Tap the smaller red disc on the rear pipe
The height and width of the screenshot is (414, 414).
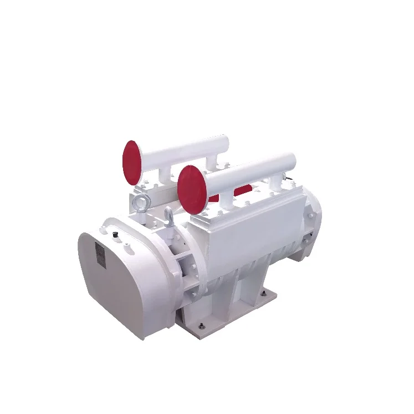coord(131,162)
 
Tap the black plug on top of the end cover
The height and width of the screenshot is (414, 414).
coord(115,236)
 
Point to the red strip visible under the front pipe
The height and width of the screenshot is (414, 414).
coord(242,191)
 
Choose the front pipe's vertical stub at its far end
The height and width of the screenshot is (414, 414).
coord(275,183)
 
